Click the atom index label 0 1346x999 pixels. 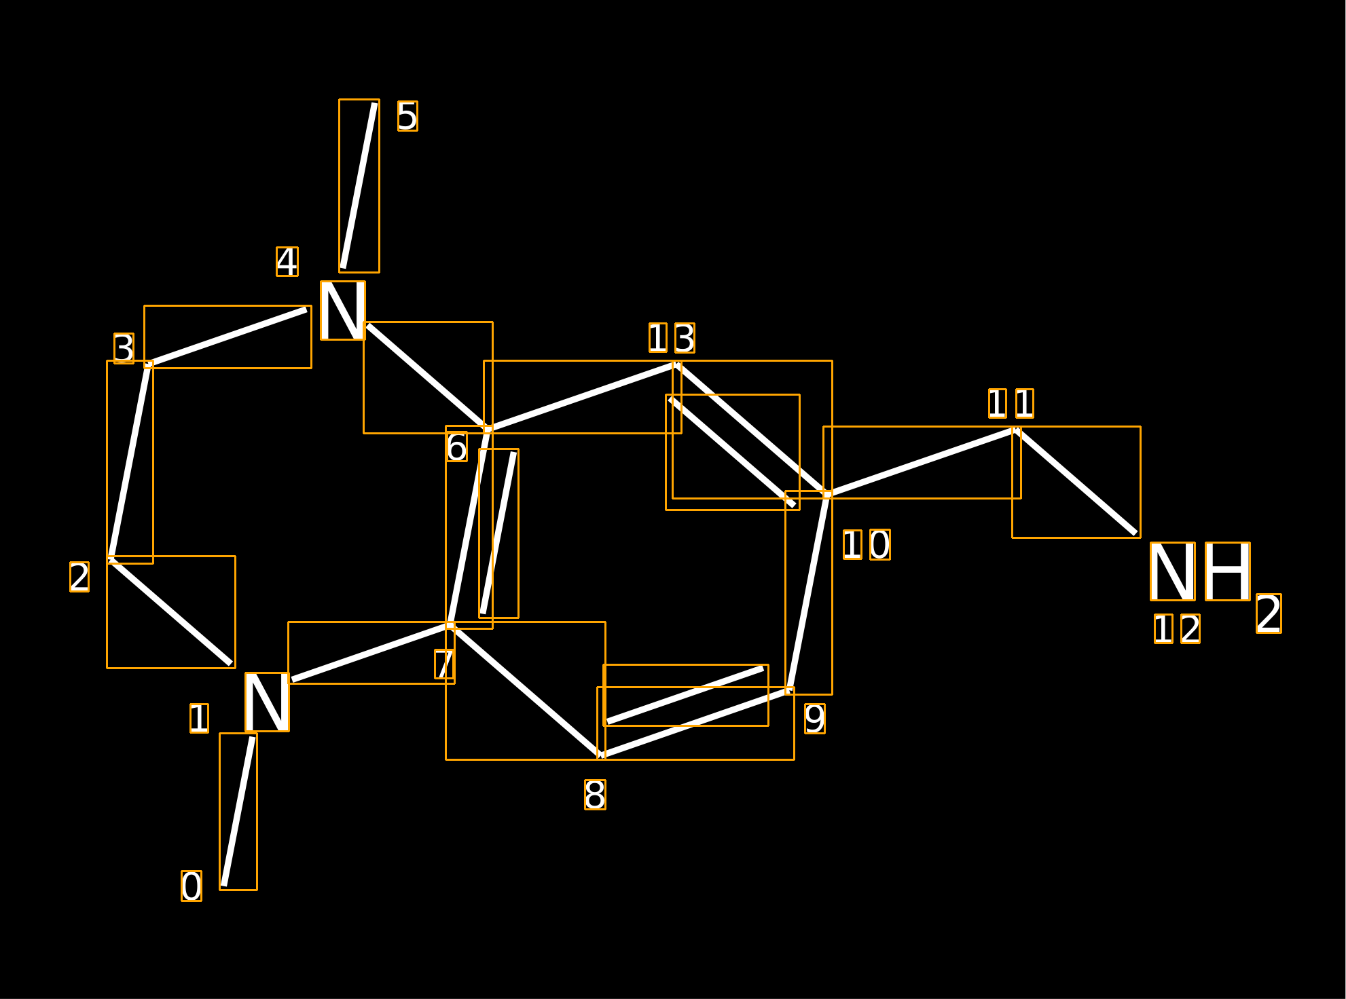[x=192, y=886]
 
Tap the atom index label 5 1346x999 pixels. [x=407, y=116]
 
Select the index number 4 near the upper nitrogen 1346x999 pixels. [x=287, y=261]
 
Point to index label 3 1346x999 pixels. [x=124, y=348]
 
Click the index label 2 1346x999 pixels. [x=79, y=577]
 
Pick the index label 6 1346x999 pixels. [x=456, y=447]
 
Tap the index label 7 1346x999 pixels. [x=445, y=664]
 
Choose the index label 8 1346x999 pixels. [x=595, y=795]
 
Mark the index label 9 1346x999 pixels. [x=815, y=719]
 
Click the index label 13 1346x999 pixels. [x=672, y=338]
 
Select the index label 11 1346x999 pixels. [x=1011, y=404]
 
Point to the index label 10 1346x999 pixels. [x=867, y=545]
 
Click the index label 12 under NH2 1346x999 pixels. [x=1177, y=629]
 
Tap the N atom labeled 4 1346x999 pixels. [x=343, y=311]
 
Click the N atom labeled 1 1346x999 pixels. [x=267, y=702]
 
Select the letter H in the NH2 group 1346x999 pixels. [x=1228, y=571]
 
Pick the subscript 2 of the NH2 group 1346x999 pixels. [x=1269, y=614]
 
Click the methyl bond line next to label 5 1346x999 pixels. [x=359, y=186]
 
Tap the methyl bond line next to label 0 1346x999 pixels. [x=238, y=812]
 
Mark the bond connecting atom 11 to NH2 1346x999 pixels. [x=1076, y=482]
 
